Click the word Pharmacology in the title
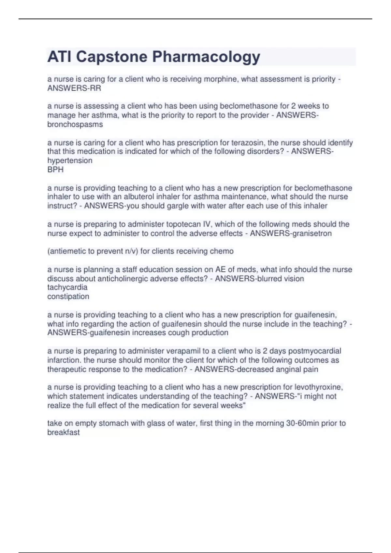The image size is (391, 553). click(206, 57)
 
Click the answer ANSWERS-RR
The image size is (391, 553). click(74, 88)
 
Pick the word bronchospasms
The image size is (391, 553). click(75, 124)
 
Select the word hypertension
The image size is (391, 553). click(70, 160)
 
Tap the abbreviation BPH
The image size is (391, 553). click(55, 169)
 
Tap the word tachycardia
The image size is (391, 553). click(67, 287)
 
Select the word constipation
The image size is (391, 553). click(68, 296)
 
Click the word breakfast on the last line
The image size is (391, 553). click(64, 432)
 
